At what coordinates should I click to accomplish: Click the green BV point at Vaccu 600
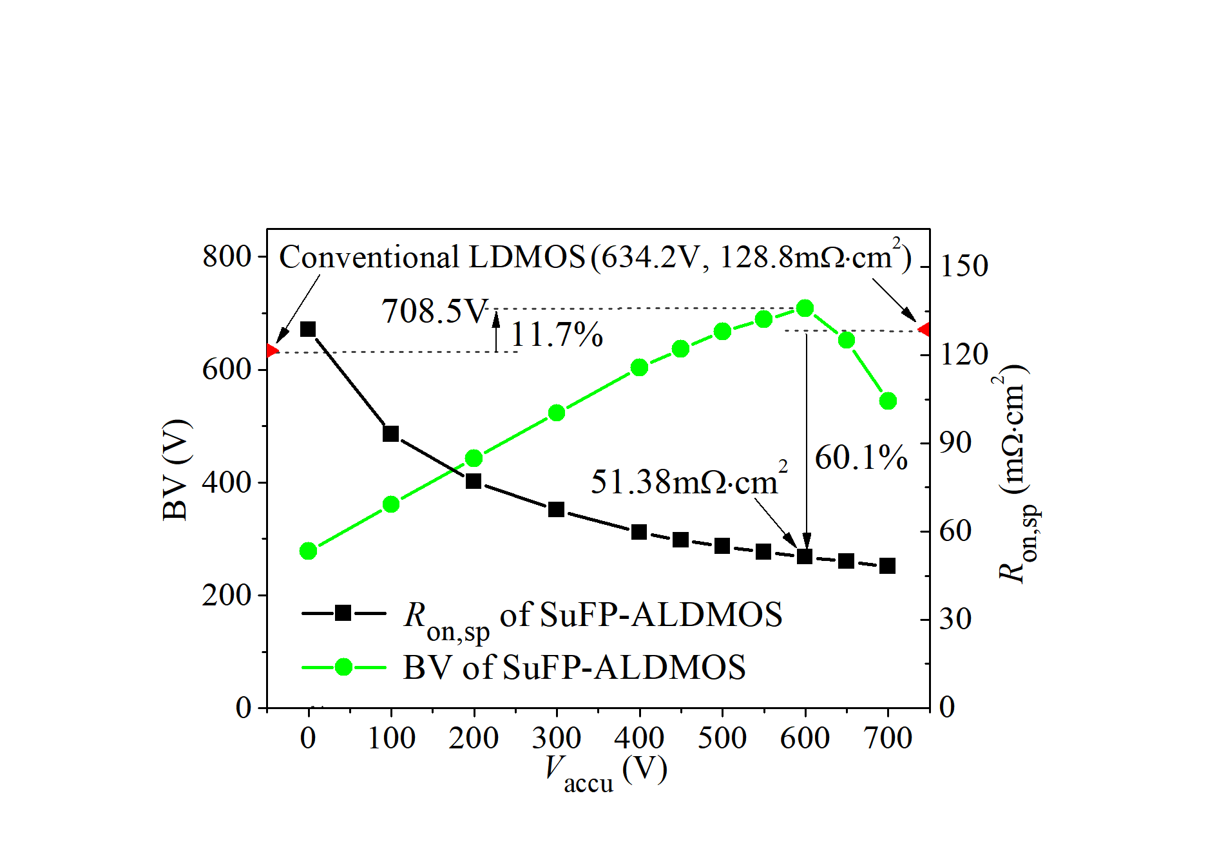point(805,308)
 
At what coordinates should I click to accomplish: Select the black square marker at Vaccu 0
point(308,329)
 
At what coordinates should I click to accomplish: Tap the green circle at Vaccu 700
point(888,401)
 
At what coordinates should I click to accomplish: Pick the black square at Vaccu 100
point(390,433)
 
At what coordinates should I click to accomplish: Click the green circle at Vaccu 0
point(308,551)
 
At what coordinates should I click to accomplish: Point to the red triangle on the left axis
point(272,350)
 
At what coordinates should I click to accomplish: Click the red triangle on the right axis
point(924,330)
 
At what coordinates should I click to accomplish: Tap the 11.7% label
point(557,335)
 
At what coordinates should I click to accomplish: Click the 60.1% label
point(861,459)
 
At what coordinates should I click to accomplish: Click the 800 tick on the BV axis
point(226,256)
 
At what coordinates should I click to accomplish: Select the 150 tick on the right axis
point(964,266)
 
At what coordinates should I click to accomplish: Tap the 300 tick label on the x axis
point(556,738)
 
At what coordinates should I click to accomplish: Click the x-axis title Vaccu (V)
point(605,772)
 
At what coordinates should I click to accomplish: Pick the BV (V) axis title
point(176,470)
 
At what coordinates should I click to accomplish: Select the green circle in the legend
point(343,667)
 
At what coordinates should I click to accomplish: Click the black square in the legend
point(343,612)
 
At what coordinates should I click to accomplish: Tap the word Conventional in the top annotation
point(369,257)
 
